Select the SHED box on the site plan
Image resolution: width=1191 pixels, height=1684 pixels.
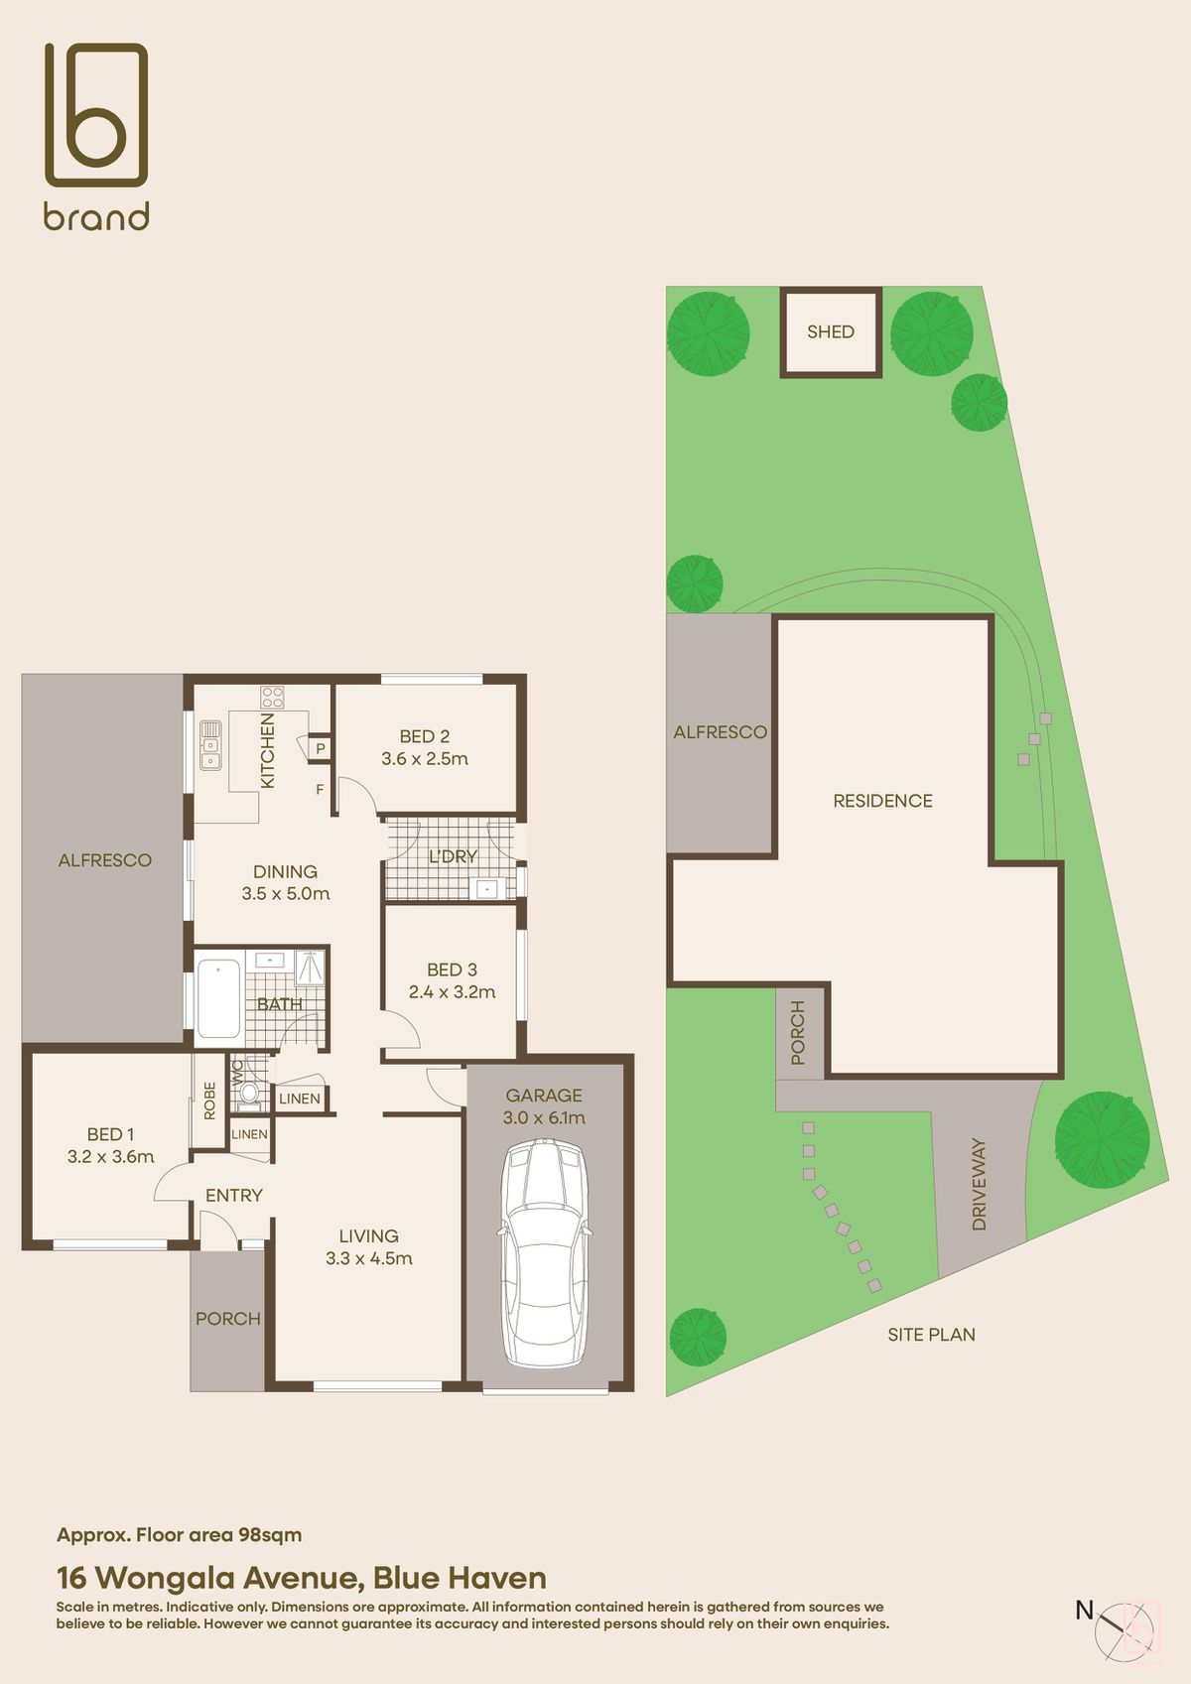point(831,331)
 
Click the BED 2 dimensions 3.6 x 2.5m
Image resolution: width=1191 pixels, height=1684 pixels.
point(425,759)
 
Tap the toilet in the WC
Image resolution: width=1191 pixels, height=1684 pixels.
point(248,1094)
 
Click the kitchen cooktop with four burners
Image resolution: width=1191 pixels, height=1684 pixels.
point(272,697)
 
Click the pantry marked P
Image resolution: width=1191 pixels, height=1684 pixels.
point(320,748)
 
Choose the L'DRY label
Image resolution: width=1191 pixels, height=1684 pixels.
point(453,856)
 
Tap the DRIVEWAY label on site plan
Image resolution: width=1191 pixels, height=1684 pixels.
point(980,1184)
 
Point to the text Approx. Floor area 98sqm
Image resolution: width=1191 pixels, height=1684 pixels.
point(179,1534)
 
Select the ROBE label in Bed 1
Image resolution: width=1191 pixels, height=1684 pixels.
point(209,1101)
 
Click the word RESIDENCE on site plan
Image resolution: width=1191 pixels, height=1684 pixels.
point(882,801)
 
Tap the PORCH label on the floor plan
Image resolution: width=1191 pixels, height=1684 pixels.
point(227,1319)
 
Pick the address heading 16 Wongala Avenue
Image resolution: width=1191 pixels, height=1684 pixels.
point(301,1577)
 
